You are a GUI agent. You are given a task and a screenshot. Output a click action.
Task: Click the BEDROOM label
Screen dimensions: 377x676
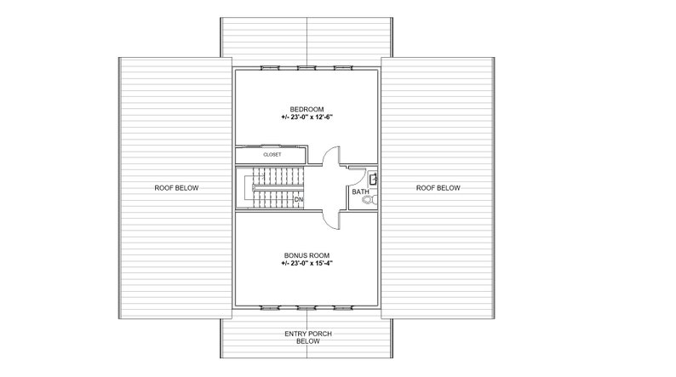tap(306, 108)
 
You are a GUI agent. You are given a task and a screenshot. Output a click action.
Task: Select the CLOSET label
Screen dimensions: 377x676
tap(272, 156)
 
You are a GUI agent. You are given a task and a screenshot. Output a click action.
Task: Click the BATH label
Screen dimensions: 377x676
tap(360, 192)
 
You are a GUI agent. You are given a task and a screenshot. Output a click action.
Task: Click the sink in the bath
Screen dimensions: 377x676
tap(374, 178)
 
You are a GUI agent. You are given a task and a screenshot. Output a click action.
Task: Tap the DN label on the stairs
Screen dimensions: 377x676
tap(298, 200)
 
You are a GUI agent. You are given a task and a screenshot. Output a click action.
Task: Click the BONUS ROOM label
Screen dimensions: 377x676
tap(306, 254)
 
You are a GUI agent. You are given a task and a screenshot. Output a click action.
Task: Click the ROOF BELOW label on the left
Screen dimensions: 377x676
tap(177, 188)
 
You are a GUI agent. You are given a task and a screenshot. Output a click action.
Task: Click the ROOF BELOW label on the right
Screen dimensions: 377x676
tap(438, 188)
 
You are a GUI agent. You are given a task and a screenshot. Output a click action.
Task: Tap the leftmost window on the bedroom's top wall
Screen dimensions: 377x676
tap(268, 66)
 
